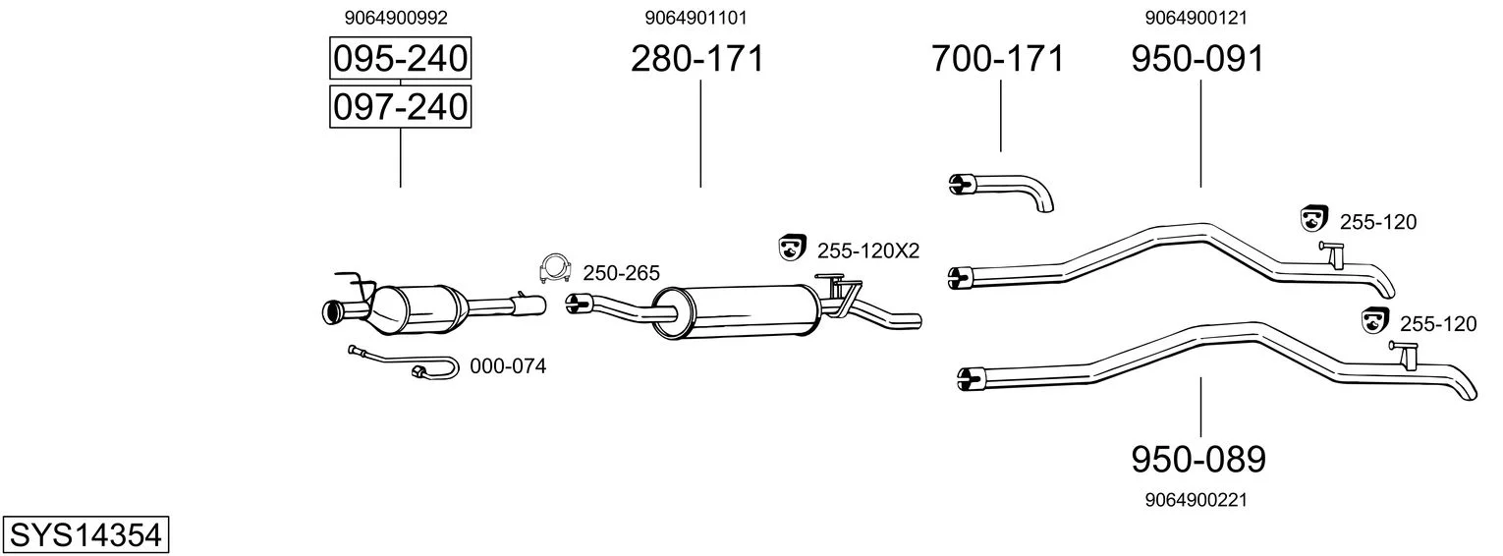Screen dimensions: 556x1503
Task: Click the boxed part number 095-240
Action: pos(400,60)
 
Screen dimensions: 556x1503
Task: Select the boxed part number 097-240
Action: pos(400,106)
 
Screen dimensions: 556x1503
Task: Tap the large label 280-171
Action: pos(696,60)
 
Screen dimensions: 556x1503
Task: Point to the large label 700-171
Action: pos(997,60)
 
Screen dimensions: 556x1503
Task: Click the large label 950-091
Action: pos(1197,60)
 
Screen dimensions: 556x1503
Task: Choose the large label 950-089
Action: pos(1198,459)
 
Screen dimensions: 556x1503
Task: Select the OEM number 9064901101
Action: pos(702,18)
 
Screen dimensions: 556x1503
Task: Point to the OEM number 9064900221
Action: pos(1196,500)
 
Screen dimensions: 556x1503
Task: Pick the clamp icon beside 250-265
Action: pos(556,267)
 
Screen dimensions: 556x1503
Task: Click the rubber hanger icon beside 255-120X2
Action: pos(791,249)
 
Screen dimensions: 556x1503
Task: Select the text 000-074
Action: pos(508,367)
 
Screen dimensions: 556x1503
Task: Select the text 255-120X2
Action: pos(868,251)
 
